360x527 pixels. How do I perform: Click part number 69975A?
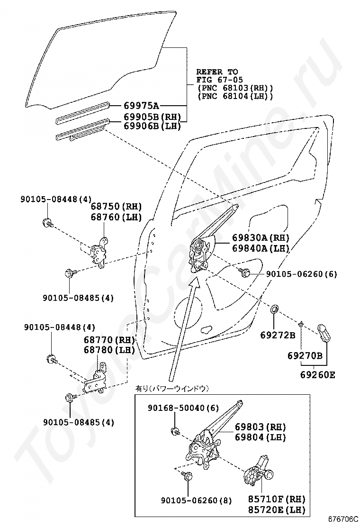click(x=141, y=105)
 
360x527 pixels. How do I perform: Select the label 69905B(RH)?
click(x=153, y=117)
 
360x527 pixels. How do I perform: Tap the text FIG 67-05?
click(x=216, y=80)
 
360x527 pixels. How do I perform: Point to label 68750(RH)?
click(x=116, y=207)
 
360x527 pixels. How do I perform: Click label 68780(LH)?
click(x=109, y=350)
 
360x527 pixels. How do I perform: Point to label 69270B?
click(x=305, y=356)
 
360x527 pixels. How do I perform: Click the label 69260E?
click(x=317, y=374)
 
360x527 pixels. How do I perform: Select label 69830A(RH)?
click(x=261, y=238)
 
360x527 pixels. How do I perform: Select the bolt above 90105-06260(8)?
click(x=186, y=477)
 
